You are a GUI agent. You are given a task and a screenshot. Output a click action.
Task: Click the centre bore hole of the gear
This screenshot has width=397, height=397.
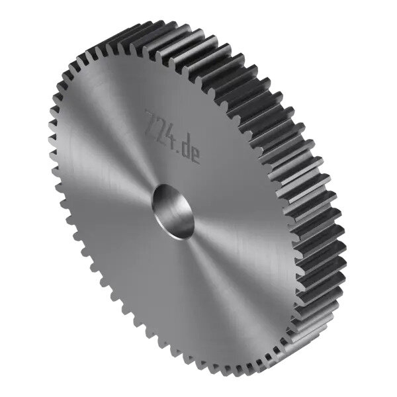click(173, 212)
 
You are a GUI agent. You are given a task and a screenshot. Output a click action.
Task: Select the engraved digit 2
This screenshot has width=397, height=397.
click(160, 129)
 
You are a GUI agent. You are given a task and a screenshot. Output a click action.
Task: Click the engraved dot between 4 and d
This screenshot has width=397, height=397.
click(178, 151)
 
